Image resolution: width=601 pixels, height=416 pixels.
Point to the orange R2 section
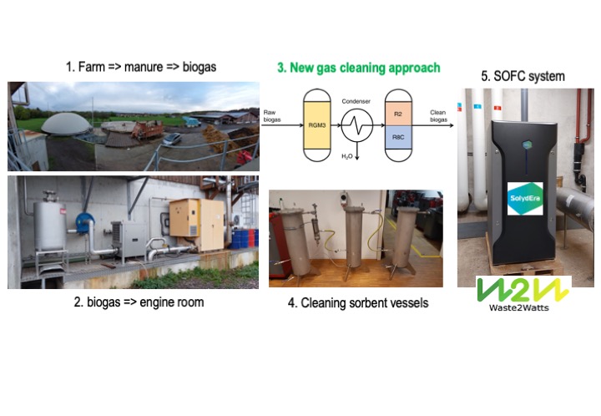click(399, 108)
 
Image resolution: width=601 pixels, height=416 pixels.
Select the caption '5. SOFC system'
click(523, 76)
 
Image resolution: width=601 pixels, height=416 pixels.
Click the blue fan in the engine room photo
click(83, 216)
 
